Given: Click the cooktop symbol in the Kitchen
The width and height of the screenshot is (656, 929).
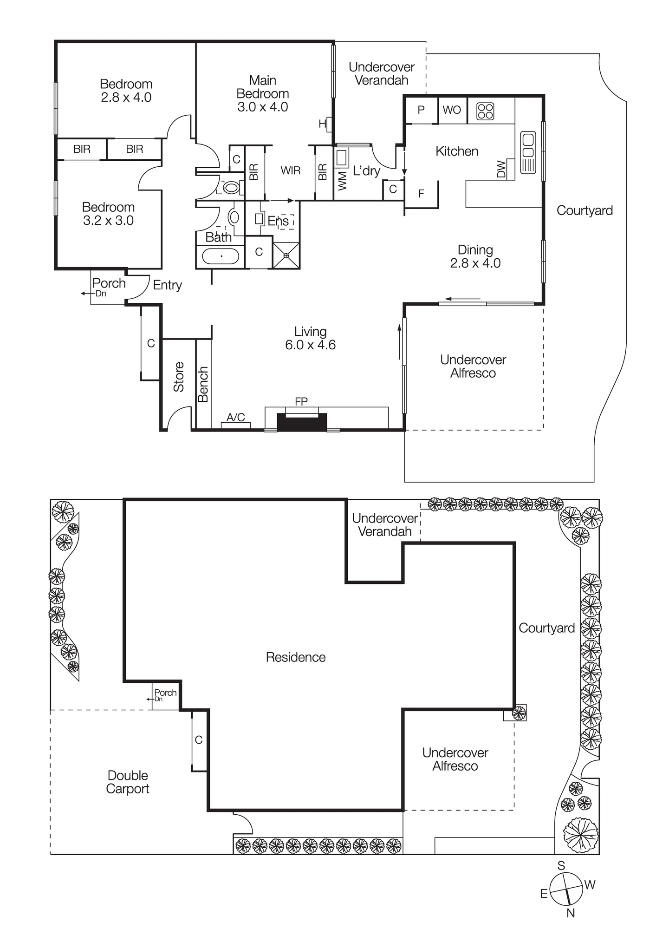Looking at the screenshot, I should pos(485,111).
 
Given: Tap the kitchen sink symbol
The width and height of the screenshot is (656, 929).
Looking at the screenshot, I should pos(528,152).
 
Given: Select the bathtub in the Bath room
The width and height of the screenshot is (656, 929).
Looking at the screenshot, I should pos(221,256).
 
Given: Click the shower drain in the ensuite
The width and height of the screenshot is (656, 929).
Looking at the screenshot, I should pos(286,255).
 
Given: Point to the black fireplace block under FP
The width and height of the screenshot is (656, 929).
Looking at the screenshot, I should pos(302,422).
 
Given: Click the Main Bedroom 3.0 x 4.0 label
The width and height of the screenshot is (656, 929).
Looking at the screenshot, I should pos(263,94).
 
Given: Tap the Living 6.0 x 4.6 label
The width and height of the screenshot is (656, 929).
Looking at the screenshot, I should pos(310,338).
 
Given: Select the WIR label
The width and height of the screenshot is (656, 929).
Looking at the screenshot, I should pos(291,170).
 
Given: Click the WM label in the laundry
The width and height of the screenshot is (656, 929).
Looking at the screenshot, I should pos(343,181).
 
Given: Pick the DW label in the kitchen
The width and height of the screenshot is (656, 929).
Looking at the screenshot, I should pos(501,169).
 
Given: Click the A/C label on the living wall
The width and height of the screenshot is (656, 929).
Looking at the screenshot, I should pos(235,417).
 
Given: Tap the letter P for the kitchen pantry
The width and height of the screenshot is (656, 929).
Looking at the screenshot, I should pos(421,110).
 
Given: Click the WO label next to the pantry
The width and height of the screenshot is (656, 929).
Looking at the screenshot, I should pos(452,110).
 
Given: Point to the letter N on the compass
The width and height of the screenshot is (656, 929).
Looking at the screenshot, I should pos(571,913).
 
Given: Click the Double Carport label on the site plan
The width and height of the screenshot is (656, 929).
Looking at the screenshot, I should pos(128,782).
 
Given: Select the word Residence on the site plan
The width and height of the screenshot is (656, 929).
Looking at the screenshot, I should pos(296,657).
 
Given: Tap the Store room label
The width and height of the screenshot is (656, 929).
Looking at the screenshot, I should pos(179,377).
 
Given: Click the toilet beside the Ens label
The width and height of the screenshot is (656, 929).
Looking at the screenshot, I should pos(234,217).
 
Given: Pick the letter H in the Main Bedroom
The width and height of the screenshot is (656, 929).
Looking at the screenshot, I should pos(322,124).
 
